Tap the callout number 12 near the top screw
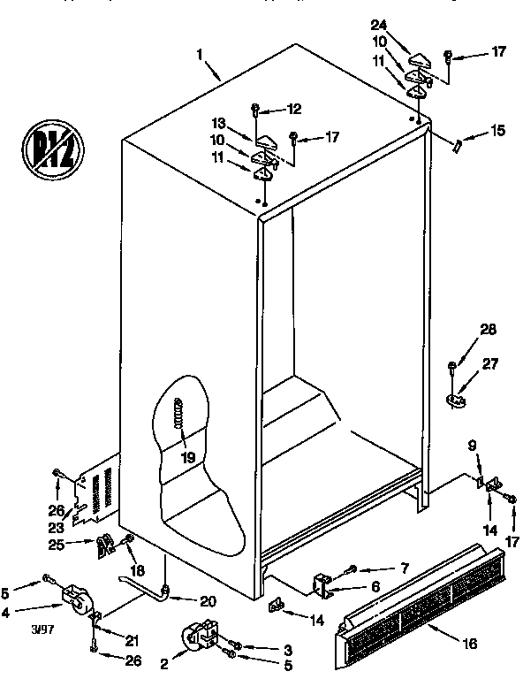pos(293,109)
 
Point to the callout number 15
pos(498,132)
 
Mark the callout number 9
pos(472,446)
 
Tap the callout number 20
pos(207,601)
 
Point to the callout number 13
pos(218,124)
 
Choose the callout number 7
pos(405,568)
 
